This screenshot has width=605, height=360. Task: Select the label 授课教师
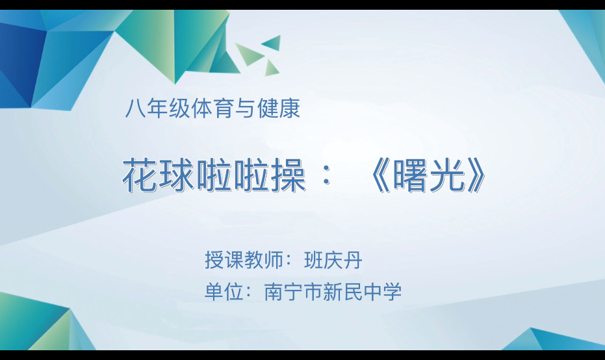tap(244, 261)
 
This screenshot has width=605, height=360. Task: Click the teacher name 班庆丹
tap(332, 261)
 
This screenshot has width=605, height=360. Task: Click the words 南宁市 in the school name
tap(293, 292)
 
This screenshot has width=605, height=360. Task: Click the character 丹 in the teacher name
tap(352, 261)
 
